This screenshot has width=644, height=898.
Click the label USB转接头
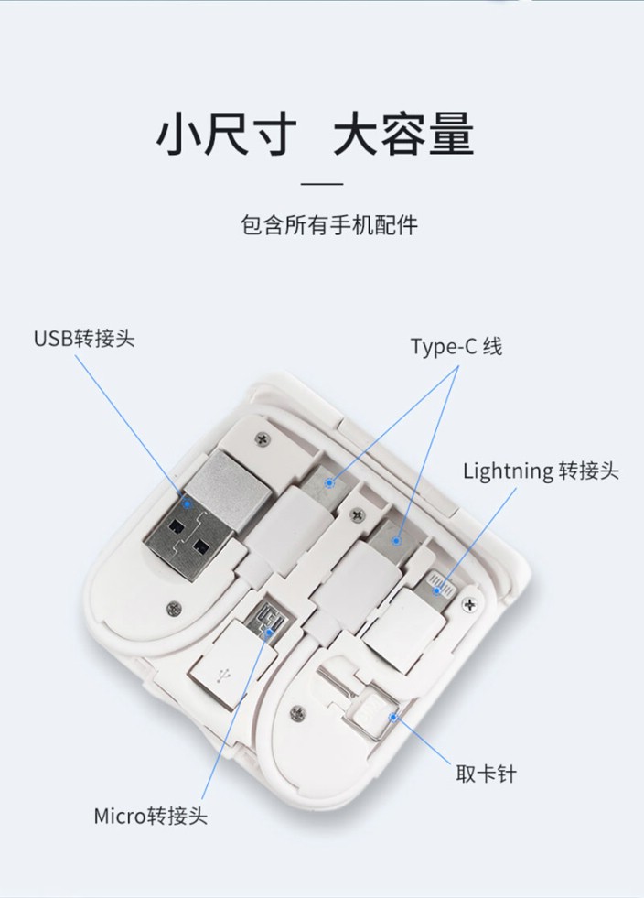[x=84, y=339]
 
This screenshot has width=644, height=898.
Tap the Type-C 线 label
[x=456, y=347]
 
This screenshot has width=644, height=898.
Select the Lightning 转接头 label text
[x=541, y=471]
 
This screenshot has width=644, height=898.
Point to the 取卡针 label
[x=486, y=774]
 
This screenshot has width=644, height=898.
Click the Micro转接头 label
[x=151, y=816]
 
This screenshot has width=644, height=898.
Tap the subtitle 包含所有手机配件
[x=329, y=225]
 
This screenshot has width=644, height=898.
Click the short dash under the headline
[x=322, y=184]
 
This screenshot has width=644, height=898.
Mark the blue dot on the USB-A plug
[x=187, y=504]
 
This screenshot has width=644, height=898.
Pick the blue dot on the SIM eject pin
[x=392, y=717]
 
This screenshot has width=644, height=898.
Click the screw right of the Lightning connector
[x=470, y=603]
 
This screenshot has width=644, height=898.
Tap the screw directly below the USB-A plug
[x=174, y=609]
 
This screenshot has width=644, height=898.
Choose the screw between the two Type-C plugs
[x=358, y=514]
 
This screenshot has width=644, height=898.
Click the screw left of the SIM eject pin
[x=297, y=713]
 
